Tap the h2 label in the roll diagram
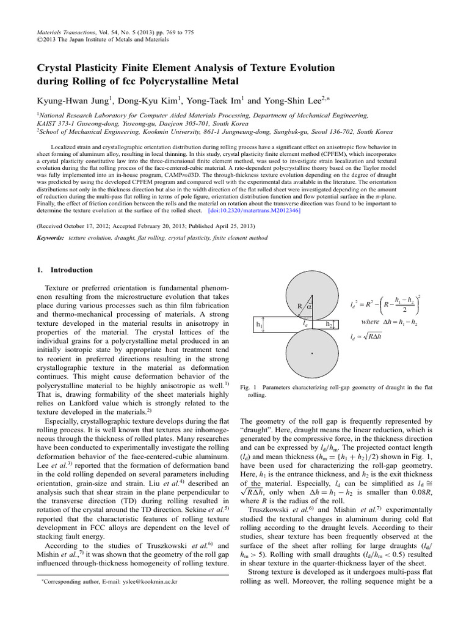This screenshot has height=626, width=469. pyautogui.click(x=330, y=324)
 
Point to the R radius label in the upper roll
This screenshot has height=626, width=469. pyautogui.click(x=300, y=306)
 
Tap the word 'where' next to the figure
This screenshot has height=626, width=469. pyautogui.click(x=371, y=322)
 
